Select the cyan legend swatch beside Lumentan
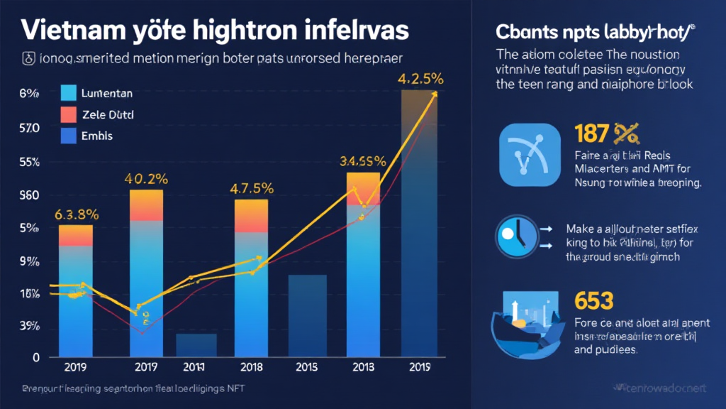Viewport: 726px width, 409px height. pyautogui.click(x=69, y=93)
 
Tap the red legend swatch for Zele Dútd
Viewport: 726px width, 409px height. pyautogui.click(x=69, y=114)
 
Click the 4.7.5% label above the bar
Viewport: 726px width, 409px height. pyautogui.click(x=252, y=189)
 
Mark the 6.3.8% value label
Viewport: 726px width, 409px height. pyautogui.click(x=76, y=214)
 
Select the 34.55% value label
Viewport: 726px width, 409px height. pyautogui.click(x=363, y=161)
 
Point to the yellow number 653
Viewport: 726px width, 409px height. pyautogui.click(x=593, y=301)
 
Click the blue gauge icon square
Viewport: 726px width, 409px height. pyautogui.click(x=530, y=154)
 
